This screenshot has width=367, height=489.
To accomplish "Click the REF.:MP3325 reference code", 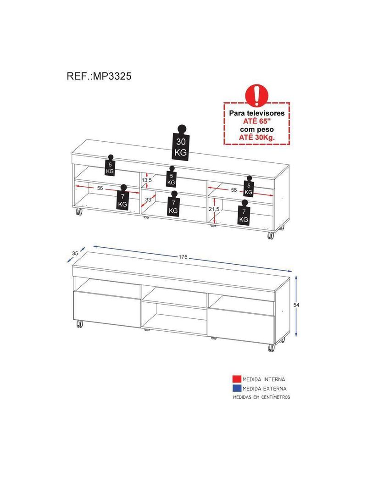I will click(x=99, y=76).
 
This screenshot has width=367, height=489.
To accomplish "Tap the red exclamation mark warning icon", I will click(x=256, y=95).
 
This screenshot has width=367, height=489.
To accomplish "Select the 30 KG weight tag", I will click(x=181, y=143).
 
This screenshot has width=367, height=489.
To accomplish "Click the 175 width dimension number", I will click(x=183, y=257).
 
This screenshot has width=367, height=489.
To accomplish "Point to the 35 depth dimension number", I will click(x=75, y=253).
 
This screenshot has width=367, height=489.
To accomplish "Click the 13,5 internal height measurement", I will click(x=146, y=180).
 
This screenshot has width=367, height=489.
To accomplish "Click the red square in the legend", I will click(x=237, y=379).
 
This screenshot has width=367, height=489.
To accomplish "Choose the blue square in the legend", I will click(x=237, y=388).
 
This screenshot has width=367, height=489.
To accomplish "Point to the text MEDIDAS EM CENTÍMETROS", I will click(x=261, y=397).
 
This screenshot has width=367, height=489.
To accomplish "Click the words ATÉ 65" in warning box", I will click(x=256, y=121).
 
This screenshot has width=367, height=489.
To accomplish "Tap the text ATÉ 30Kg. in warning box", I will click(x=256, y=137).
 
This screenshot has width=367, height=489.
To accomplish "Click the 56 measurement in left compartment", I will click(x=100, y=188).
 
